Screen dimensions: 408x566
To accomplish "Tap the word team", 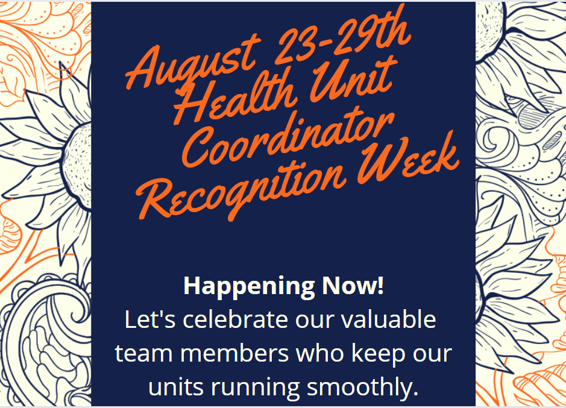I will tap(140, 354).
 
